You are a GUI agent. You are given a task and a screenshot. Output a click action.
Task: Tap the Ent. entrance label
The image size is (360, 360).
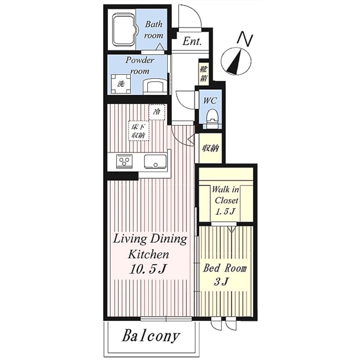tap(192, 41)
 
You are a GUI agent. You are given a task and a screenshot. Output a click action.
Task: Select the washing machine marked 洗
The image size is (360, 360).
tap(121, 84)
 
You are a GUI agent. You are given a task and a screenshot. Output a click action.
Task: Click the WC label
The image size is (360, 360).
tap(210, 100)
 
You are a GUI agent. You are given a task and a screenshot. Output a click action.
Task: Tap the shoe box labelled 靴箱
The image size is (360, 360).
tap(203, 73)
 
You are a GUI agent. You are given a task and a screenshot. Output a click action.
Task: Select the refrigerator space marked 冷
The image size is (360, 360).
tap(157, 112)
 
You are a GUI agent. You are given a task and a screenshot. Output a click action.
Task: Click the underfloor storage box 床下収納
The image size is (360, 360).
tap(139, 131)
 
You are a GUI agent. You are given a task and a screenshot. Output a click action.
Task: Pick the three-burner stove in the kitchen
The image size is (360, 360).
tap(125, 161)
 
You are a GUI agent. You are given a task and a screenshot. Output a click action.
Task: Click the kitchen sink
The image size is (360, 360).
tap(155, 162)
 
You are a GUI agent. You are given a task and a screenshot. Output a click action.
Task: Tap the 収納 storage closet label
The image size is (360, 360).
tap(210, 148)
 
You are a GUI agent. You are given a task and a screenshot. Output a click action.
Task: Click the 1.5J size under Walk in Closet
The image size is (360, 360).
tap(226, 211)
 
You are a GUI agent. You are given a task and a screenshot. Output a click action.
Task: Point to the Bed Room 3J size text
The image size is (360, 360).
tap(222, 282)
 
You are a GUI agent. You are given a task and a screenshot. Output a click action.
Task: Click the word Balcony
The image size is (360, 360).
tap(151, 336)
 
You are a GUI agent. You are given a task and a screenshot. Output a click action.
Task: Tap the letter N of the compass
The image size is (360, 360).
tap(245, 39)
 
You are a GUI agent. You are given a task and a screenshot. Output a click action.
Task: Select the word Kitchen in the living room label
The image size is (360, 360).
tap(149, 254)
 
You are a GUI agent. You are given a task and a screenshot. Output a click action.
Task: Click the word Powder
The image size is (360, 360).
tap(139, 61)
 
